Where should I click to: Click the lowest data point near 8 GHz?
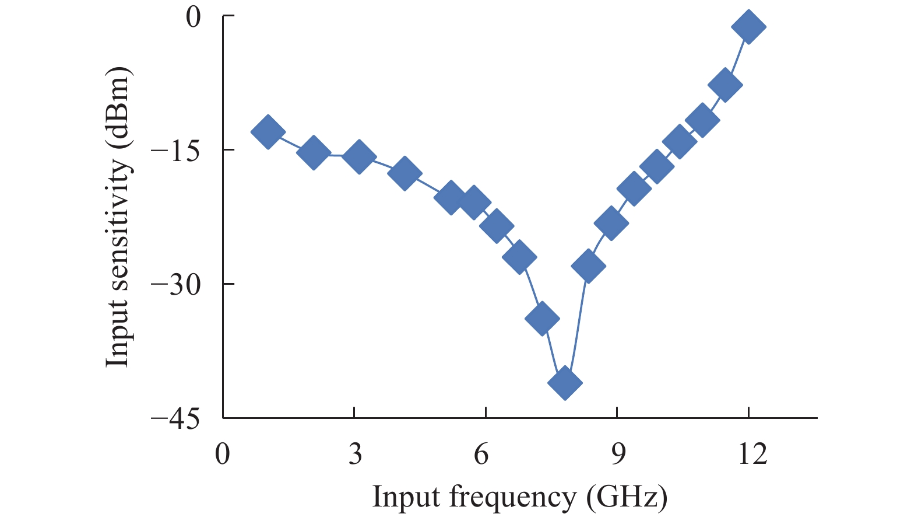tap(565, 383)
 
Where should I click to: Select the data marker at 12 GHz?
tap(748, 27)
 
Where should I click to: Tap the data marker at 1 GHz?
tap(268, 132)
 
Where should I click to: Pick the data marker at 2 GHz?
tap(314, 153)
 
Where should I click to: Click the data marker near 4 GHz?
tap(405, 173)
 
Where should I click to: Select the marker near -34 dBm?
tap(542, 319)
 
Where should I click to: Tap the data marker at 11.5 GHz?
tap(725, 85)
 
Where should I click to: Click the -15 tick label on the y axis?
tap(175, 151)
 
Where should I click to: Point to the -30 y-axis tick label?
tap(175, 285)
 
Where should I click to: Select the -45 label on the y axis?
tap(175, 419)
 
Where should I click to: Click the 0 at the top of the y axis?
tap(194, 17)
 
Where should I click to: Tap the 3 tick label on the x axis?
tap(355, 454)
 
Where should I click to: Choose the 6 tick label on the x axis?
tap(481, 454)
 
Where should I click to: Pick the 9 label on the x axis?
tap(618, 454)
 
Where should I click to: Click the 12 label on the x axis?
tap(752, 454)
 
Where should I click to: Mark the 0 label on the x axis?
tap(223, 454)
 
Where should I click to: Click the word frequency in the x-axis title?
tap(512, 498)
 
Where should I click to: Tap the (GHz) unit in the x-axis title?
tap(627, 498)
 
